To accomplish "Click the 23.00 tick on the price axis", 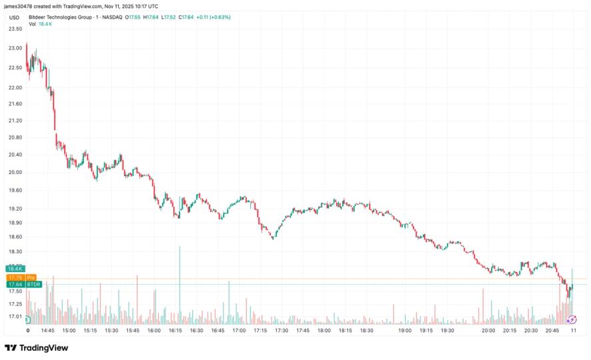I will click(15, 49).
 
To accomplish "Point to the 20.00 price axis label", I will click(15, 172).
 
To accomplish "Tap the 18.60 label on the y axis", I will click(15, 237).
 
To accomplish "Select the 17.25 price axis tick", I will click(15, 304).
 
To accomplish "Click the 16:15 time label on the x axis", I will click(175, 330).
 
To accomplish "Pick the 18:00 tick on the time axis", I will click(324, 330).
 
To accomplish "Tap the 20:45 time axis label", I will click(552, 330).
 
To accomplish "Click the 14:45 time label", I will click(47, 330).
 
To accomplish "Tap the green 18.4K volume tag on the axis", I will click(15, 269).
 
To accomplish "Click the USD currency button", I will click(13, 17).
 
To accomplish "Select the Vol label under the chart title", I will click(32, 24).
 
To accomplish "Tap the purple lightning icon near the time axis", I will click(572, 320).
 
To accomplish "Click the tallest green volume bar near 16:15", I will click(179, 280).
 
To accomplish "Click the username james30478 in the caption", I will click(19, 6).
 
